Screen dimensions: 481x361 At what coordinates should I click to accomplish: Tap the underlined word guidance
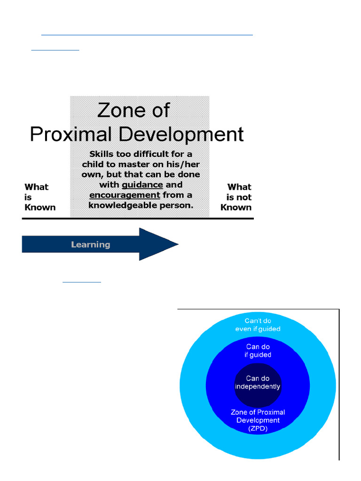(142, 185)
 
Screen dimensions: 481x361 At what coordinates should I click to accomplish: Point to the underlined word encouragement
(125, 195)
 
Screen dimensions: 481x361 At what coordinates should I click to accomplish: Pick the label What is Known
(39, 197)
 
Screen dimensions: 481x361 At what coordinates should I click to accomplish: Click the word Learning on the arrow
(91, 244)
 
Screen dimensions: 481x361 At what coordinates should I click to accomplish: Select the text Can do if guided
(258, 351)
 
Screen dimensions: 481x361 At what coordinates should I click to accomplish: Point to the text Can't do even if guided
(258, 325)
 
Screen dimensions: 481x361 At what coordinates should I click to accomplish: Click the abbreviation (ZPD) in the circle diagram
(258, 428)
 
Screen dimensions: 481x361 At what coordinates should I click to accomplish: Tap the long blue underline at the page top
(147, 35)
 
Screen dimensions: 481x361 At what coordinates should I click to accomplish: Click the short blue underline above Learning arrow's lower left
(82, 282)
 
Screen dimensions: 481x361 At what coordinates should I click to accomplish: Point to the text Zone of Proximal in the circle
(258, 412)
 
